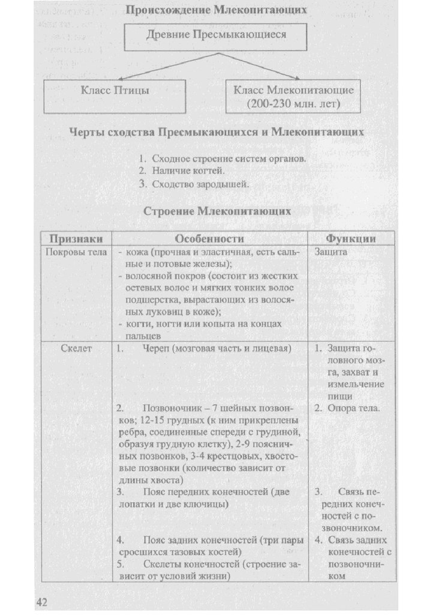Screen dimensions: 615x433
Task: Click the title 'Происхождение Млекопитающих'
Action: point(216,10)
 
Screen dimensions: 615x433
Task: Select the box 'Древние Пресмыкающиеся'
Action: point(216,35)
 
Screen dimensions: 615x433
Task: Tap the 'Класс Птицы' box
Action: point(115,91)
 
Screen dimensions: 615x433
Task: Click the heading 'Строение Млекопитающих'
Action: point(217,211)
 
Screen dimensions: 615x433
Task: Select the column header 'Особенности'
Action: point(209,238)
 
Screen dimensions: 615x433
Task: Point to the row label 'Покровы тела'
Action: point(76,252)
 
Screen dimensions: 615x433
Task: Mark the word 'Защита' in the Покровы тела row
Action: point(330,252)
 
